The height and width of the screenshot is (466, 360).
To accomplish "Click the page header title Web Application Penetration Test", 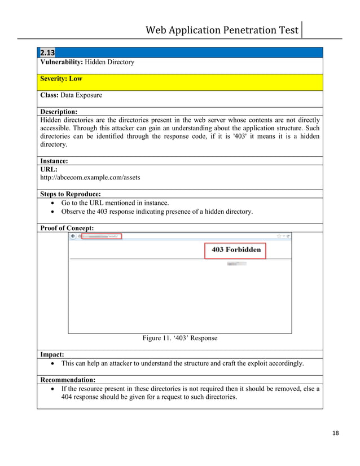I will [x=222, y=30].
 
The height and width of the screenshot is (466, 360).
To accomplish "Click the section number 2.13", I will [x=47, y=53].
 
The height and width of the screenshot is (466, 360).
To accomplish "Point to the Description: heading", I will [x=59, y=112].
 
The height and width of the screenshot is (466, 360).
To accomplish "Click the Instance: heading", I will [x=55, y=161].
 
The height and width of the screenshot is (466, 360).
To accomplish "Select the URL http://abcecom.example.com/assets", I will [x=91, y=178].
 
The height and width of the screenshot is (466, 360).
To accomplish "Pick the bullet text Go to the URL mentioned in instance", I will [x=115, y=203].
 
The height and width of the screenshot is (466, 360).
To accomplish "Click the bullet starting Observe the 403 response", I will [x=157, y=212].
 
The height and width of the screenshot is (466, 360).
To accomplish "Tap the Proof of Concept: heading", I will [x=67, y=228].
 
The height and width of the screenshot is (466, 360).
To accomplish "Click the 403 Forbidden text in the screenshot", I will [x=236, y=249].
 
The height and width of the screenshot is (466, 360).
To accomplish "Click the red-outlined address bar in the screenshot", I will [x=102, y=237].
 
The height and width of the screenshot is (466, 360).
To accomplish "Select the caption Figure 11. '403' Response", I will [x=179, y=338].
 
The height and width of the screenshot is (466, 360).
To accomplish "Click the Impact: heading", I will [x=51, y=355].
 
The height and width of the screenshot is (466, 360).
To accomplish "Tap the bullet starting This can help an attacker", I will [x=182, y=364].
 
